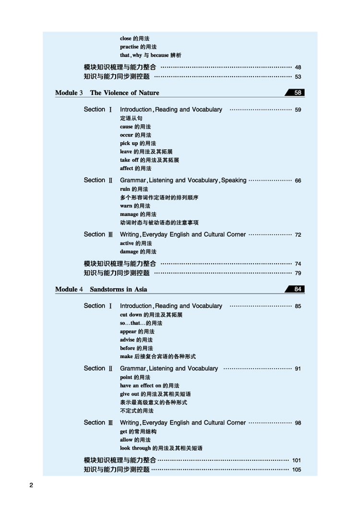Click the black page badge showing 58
click(x=298, y=93)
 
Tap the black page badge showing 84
click(x=298, y=289)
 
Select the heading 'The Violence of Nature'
click(x=124, y=93)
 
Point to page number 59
click(x=298, y=110)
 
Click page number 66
click(x=298, y=181)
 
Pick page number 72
click(x=298, y=235)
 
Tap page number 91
click(x=298, y=369)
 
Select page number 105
click(x=297, y=470)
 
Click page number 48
click(x=298, y=68)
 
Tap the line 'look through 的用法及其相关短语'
click(x=161, y=448)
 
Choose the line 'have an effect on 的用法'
click(x=149, y=386)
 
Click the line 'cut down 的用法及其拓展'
click(x=151, y=315)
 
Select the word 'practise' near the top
click(x=129, y=47)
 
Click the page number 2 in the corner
click(x=31, y=485)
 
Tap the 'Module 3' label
click(x=69, y=93)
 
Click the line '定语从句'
click(x=131, y=118)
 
